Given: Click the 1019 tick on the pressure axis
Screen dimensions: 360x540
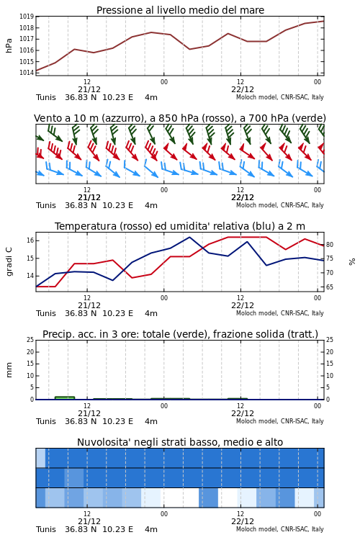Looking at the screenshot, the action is (x=26, y=16).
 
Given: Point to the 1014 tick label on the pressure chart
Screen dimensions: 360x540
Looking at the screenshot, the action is (x=26, y=73).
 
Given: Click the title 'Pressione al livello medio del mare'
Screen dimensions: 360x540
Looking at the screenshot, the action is (x=180, y=10).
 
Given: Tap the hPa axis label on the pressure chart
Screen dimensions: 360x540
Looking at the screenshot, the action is (x=9, y=45).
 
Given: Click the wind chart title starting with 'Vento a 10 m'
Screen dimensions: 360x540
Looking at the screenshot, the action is (x=180, y=119).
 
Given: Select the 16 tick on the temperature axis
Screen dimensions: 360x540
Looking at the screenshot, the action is (x=30, y=240).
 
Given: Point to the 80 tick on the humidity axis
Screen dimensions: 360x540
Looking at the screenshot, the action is (x=330, y=245).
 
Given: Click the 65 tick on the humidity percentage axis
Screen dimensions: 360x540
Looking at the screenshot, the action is (x=330, y=287).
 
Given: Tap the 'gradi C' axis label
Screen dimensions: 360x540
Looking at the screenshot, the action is (x=9, y=261).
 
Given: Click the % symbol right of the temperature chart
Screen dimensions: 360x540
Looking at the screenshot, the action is (x=352, y=262).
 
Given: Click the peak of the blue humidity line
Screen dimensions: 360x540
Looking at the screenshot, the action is (x=189, y=237).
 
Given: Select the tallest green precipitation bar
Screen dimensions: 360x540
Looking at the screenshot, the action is (x=65, y=398).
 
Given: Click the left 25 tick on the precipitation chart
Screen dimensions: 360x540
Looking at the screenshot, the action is (x=30, y=340).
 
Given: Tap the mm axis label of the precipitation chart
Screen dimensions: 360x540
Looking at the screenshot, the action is (x=9, y=370).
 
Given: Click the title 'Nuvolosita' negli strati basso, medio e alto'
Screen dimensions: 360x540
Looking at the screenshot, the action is (x=180, y=442).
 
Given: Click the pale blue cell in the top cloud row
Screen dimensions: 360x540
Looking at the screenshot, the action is (x=40, y=458).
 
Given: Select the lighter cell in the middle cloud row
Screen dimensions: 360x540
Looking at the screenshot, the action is (x=74, y=477).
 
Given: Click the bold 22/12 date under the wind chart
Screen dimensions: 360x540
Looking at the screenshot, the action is (x=243, y=198).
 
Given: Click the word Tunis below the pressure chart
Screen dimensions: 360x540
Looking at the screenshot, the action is (x=46, y=97).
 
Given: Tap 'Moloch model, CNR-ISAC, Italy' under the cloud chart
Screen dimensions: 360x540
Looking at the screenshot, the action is (x=280, y=529).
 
